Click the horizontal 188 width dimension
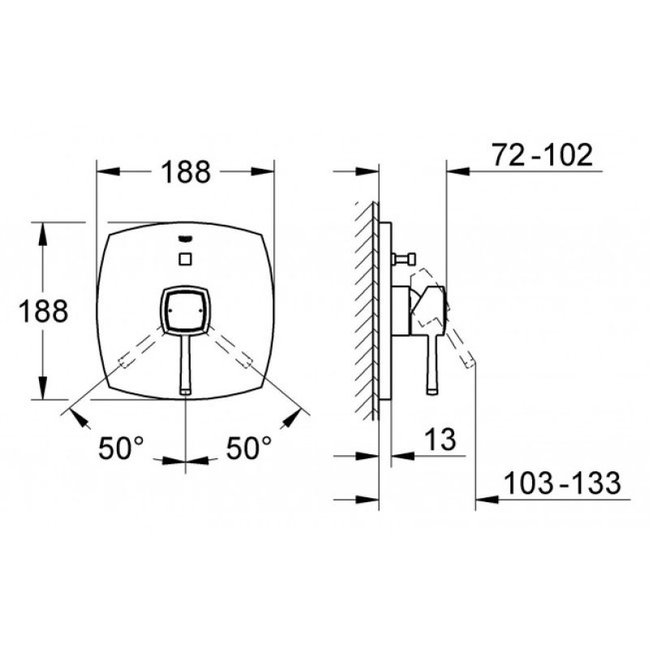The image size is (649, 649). coord(186,171)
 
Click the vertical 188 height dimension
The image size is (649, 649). coord(43,311)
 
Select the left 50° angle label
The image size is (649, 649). coord(121,448)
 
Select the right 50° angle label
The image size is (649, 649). coord(249,448)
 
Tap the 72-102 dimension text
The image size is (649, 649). coord(542,155)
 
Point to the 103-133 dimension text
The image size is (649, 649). coord(562,483)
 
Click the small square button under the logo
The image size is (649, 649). coord(185,258)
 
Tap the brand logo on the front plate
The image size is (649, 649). coord(185,239)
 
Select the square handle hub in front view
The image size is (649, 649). coord(185,310)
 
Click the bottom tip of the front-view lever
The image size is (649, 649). coord(185,392)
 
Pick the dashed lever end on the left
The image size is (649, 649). coord(125,361)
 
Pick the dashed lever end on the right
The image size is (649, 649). coord(247,361)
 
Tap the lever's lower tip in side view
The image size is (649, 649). coord(432,391)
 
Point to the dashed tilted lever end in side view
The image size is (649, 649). coord(470,363)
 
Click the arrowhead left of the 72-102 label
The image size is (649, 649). coord(458,171)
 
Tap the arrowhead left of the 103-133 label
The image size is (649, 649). coord(488,499)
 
